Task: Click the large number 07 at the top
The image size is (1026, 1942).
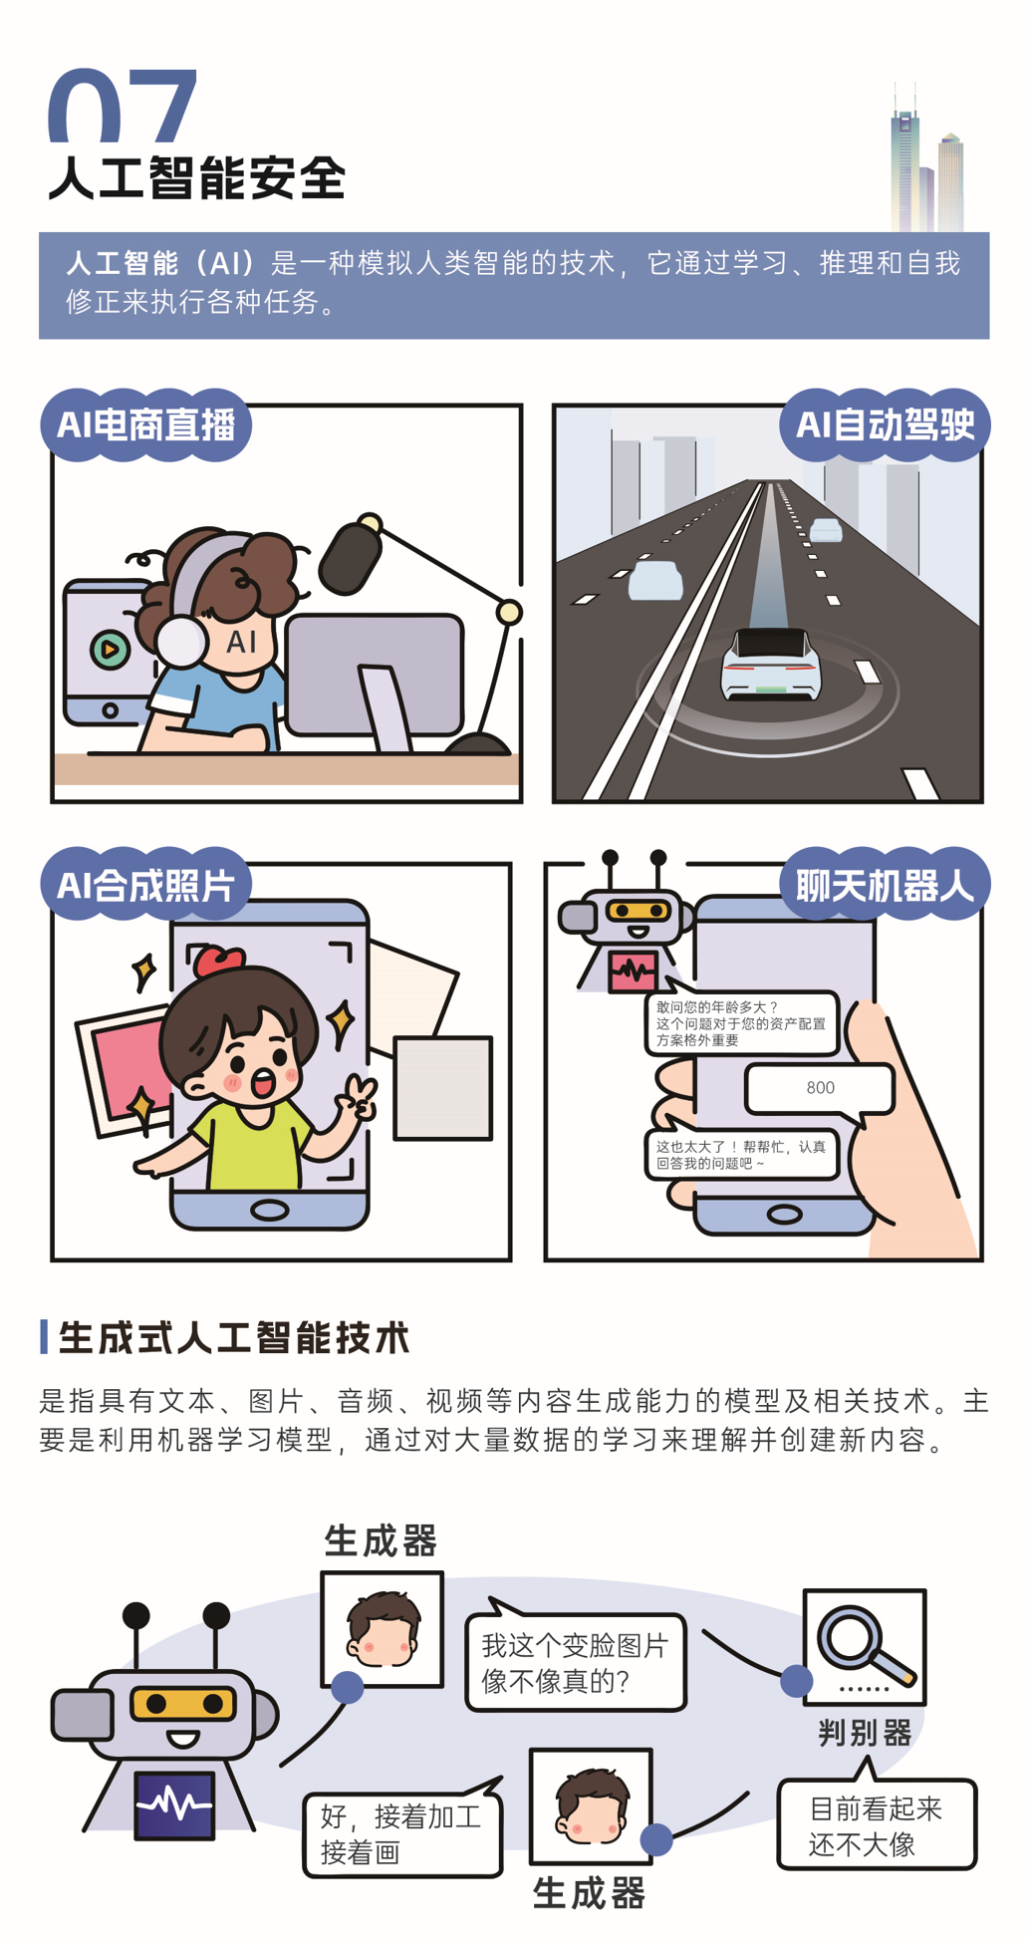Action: [123, 105]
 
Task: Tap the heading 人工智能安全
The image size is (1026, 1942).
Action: [197, 179]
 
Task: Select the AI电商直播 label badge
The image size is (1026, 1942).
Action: [145, 424]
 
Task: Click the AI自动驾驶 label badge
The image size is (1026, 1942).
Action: [885, 424]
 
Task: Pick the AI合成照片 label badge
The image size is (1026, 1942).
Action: [145, 884]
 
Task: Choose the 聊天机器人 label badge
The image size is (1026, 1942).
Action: [885, 884]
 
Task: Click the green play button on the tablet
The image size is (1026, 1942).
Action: [110, 650]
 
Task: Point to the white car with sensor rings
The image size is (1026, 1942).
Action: [770, 663]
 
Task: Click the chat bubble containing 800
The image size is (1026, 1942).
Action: [820, 1088]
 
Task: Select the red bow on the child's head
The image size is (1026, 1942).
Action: [218, 961]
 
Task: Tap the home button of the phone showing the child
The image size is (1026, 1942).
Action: [270, 1210]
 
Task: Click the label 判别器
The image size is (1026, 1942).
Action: [865, 1733]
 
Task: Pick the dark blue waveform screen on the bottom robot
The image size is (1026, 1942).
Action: [175, 1804]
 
